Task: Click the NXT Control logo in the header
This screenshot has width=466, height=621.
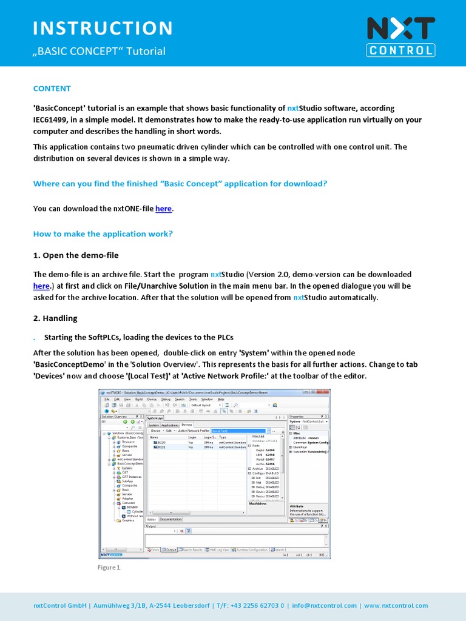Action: coord(400,36)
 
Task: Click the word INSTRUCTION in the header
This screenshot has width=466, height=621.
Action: coord(103,28)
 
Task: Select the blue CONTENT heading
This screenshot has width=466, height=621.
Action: coord(52,89)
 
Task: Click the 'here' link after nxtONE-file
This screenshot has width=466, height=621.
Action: coord(163,209)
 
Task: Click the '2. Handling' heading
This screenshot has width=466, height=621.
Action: coord(55,318)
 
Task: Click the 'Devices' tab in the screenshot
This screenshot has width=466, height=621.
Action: coord(187,425)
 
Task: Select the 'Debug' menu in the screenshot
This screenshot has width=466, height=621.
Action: coord(166,400)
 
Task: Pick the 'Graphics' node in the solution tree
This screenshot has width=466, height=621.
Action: coord(128,520)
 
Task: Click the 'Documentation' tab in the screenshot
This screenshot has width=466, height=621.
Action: coord(171,519)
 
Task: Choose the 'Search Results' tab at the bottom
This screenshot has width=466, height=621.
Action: coord(192,550)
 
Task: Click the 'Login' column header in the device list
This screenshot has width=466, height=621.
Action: coord(192,437)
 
